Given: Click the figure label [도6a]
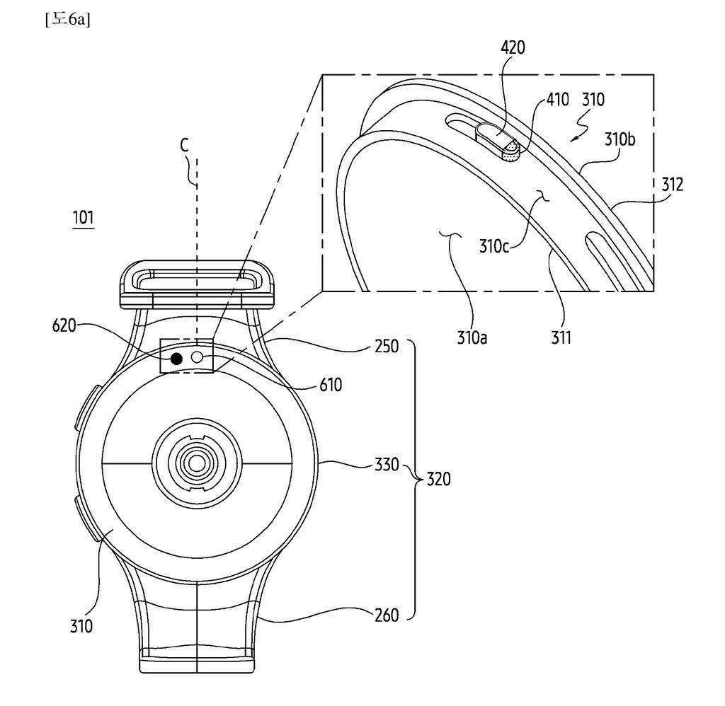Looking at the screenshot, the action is [67, 19].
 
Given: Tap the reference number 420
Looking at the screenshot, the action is [513, 47].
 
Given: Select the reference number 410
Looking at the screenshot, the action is [558, 99].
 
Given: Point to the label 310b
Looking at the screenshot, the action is [620, 139].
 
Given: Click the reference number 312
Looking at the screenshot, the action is [673, 185].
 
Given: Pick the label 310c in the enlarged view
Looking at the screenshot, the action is [493, 245].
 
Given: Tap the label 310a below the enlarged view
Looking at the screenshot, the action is [472, 337].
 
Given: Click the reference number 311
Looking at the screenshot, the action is [561, 337].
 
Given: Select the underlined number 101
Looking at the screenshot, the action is [84, 217].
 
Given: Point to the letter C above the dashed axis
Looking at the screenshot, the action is [185, 145].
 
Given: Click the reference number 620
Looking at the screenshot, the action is [64, 325].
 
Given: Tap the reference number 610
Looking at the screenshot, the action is [331, 384].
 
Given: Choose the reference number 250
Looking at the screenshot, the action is [387, 346].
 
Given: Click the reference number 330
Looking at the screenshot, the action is [387, 464].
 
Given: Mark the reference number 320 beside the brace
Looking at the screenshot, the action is [438, 479].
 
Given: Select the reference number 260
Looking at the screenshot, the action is [387, 615].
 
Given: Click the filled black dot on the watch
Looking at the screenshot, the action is [176, 359].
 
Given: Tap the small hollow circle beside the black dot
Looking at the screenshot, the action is [198, 357].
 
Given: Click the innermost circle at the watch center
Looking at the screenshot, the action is [197, 463].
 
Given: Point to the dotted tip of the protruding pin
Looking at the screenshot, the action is [510, 153].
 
